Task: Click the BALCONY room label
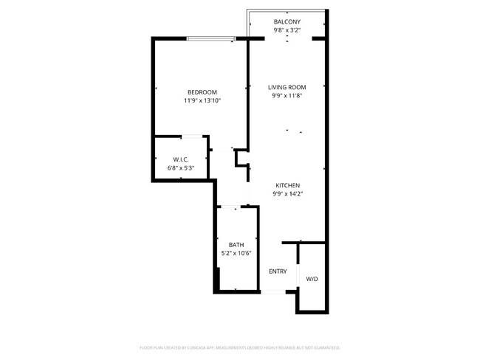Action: pos(287,21)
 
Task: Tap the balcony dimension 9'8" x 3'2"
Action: pos(287,30)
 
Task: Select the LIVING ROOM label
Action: pos(287,87)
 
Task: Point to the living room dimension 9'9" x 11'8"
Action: pos(287,95)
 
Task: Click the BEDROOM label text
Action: pos(202,92)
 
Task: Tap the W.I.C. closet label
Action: pos(182,159)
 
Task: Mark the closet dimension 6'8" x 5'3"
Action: pos(182,167)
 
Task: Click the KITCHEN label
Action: pos(287,185)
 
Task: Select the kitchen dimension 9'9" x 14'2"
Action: pos(287,193)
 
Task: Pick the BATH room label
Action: pos(236,245)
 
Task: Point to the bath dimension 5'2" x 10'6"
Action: pos(236,253)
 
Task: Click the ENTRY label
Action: pos(278,271)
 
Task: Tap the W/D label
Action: pos(312,279)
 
